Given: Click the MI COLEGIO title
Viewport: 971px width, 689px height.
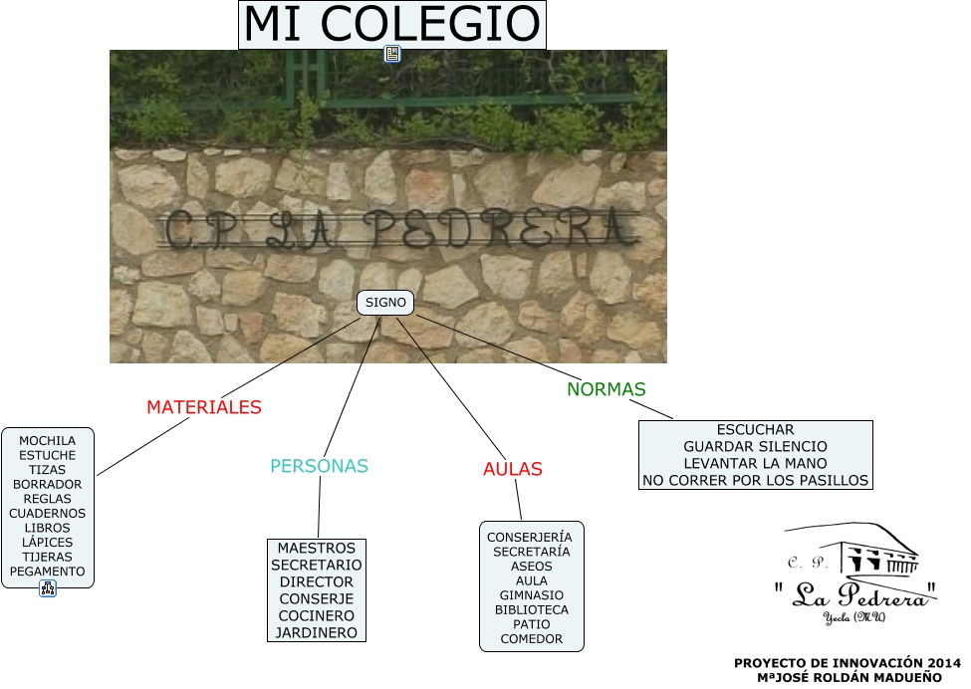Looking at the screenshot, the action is (392, 25).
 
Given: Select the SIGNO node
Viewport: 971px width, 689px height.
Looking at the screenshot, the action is (384, 302).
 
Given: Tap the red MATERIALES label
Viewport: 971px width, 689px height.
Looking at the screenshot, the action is (204, 407).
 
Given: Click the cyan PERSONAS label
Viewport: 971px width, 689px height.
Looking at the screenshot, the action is (319, 466).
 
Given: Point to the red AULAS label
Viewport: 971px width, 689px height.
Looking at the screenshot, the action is (512, 469).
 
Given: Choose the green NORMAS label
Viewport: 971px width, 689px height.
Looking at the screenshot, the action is (607, 389).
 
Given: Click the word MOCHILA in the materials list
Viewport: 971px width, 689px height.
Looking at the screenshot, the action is (48, 440).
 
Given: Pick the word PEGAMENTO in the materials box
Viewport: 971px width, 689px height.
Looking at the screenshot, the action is (48, 572).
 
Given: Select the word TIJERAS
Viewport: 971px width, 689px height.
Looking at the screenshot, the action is (48, 557).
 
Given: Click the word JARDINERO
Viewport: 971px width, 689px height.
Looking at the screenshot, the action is (316, 632).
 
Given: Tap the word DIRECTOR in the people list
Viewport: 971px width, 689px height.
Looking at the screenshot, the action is (316, 581).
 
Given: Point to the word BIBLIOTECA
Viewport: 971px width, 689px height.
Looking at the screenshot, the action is (532, 609).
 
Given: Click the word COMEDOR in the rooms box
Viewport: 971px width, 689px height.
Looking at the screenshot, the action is (532, 639).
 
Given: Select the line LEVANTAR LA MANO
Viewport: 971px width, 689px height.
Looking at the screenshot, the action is (755, 463).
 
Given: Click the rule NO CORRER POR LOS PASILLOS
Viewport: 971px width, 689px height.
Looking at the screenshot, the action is (755, 480).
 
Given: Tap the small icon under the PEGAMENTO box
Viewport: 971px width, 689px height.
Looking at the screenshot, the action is (48, 588).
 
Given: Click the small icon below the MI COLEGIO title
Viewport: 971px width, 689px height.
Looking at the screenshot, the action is (392, 55).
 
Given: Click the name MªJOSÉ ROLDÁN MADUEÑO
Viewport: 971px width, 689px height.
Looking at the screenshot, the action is (849, 677).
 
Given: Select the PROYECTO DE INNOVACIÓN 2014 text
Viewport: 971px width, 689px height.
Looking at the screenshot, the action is (848, 663).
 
